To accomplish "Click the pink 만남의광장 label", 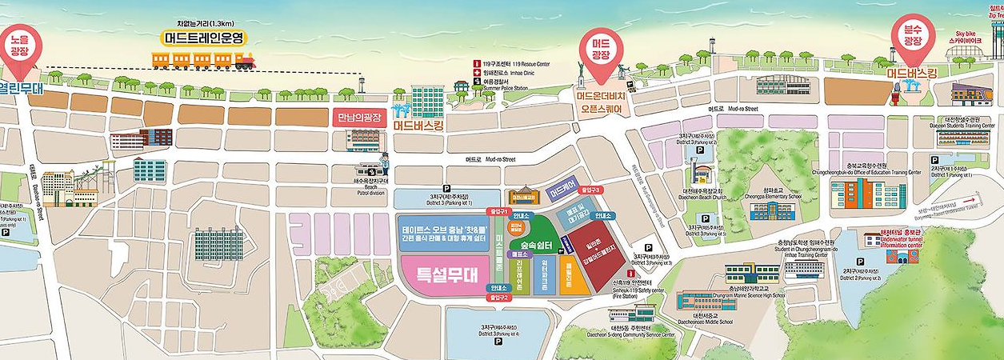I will tap(359, 118).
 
